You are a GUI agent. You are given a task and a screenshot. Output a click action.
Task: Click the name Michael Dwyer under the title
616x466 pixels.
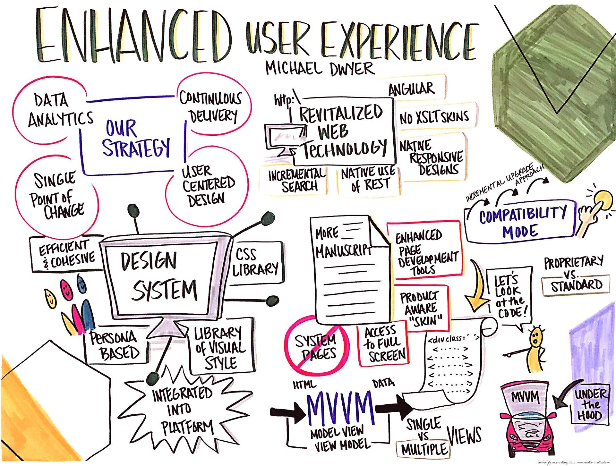320,68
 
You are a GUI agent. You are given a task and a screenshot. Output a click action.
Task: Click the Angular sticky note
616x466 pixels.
412,88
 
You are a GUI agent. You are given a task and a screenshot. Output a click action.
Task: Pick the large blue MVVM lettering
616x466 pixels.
340,407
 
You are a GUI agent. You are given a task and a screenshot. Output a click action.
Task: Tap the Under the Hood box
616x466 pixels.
590,405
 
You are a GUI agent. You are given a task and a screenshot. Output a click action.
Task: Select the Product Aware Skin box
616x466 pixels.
422,308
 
